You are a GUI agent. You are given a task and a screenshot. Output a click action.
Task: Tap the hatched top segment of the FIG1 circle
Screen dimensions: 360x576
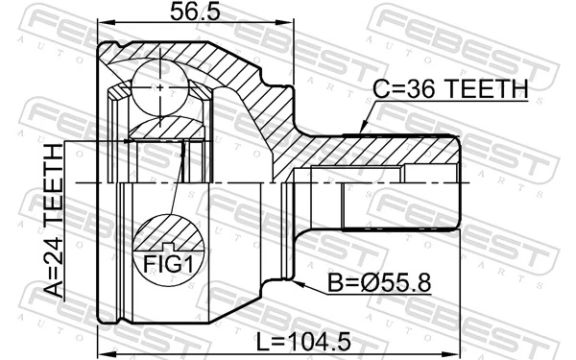[x=169, y=231]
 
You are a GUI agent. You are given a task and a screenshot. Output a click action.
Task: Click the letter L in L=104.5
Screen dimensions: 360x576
[x=262, y=341]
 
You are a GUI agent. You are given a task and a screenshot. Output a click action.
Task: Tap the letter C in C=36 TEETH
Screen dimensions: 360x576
[x=378, y=89]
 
